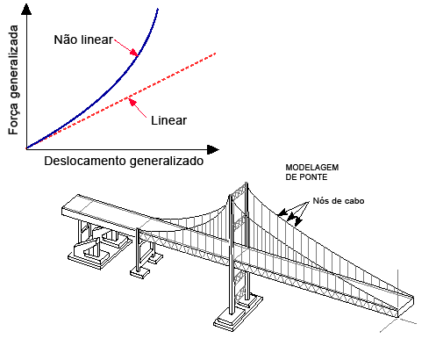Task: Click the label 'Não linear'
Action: (83, 40)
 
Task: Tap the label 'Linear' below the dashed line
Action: (168, 120)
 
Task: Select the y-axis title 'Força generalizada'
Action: (13, 80)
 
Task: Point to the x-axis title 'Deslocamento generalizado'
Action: (124, 162)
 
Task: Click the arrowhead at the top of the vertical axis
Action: (26, 10)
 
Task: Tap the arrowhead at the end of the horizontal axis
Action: (213, 149)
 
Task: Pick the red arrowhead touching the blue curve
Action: (134, 53)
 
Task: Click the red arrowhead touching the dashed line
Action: (132, 102)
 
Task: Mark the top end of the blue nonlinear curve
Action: (158, 9)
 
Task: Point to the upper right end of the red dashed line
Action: (215, 54)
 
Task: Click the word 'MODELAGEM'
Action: (312, 168)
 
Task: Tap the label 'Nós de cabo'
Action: (339, 201)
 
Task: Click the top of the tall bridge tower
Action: (247, 183)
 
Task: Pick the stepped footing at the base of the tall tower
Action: (238, 313)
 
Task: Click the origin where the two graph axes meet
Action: (26, 149)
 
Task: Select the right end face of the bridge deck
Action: (406, 306)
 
